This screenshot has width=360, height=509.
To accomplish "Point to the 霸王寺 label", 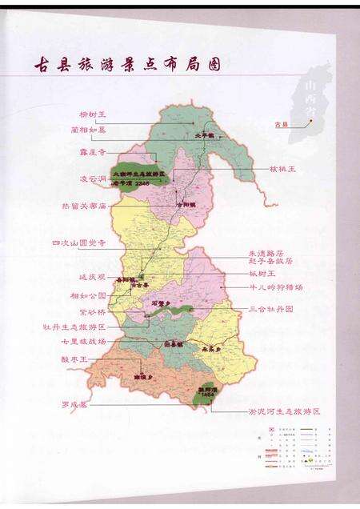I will pyautogui.click(x=93, y=149).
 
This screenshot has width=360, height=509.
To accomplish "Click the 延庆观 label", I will pyautogui.click(x=92, y=277).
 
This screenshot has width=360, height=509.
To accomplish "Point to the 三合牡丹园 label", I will pyautogui.click(x=270, y=308).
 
